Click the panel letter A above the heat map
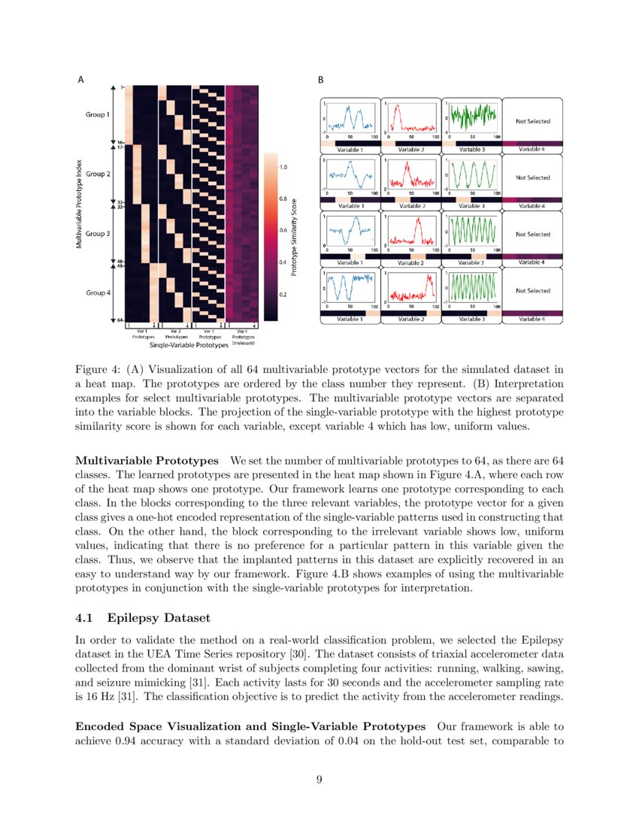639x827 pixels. coord(81,79)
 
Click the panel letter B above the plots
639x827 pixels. coord(321,79)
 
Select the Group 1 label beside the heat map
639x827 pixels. coord(97,115)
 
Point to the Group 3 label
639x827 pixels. coord(97,234)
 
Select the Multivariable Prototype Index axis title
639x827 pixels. coord(79,204)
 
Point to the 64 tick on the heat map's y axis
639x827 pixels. coord(120,321)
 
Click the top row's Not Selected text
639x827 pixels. coord(532,121)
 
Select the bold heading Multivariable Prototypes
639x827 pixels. coord(147,459)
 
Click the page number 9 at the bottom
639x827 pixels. coord(319,780)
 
